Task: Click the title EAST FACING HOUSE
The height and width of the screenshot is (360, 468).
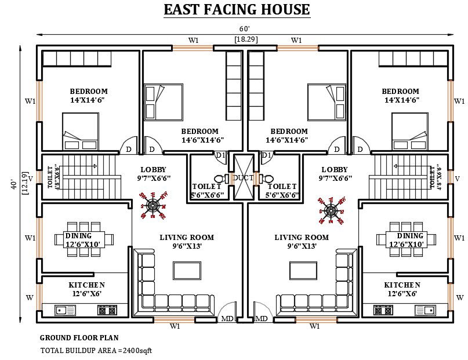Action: (236, 10)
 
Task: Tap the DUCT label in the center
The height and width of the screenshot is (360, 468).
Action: (244, 177)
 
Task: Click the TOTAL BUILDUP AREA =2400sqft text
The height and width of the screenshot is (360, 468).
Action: (96, 350)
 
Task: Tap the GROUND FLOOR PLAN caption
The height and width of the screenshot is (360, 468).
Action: (79, 337)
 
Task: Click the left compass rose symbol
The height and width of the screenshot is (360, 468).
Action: (154, 207)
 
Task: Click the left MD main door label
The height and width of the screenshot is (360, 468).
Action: (227, 319)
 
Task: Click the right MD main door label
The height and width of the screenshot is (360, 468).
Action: (262, 319)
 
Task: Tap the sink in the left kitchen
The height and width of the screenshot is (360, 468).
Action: (61, 310)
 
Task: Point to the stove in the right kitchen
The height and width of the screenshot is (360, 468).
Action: (383, 310)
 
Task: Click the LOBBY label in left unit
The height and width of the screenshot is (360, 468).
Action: (153, 170)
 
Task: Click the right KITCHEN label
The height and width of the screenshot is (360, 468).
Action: (402, 285)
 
